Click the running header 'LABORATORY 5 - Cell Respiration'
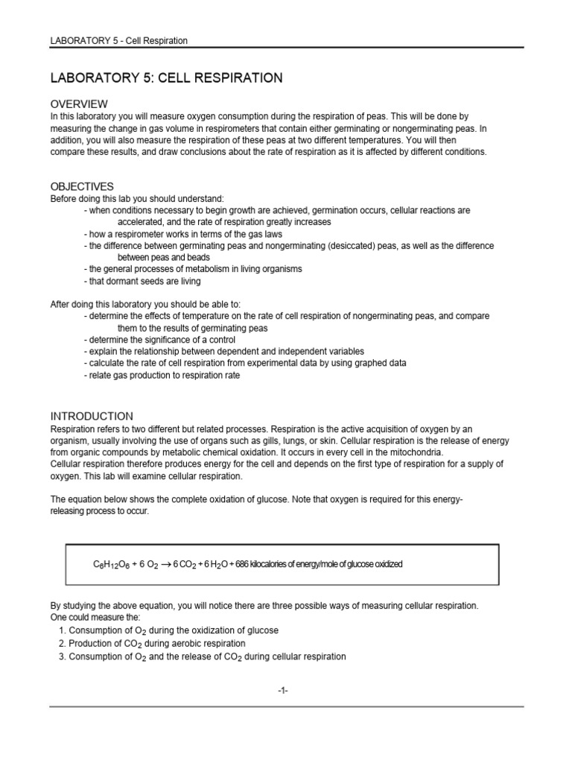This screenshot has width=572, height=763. click(x=118, y=40)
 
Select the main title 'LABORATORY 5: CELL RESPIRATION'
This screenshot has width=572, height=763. click(x=166, y=77)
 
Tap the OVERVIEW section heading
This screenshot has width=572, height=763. click(x=79, y=104)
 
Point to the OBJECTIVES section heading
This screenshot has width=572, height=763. click(x=82, y=186)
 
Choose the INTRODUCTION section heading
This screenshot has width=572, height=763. click(x=92, y=417)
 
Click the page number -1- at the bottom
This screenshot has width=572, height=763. click(x=282, y=691)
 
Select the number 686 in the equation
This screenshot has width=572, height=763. click(x=242, y=565)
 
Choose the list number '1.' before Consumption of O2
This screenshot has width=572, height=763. click(x=62, y=630)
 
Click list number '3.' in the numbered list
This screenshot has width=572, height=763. click(x=62, y=656)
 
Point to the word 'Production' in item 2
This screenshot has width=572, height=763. click(x=91, y=644)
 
